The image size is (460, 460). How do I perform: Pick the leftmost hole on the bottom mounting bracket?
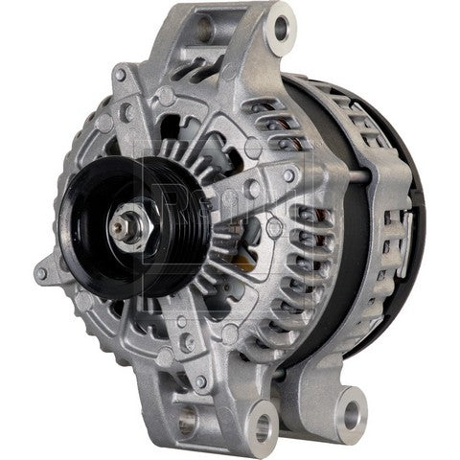point(186,418)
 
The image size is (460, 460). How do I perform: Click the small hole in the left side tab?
point(40,273)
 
